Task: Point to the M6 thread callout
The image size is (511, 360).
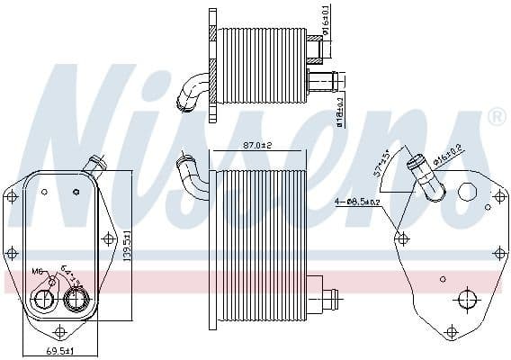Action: pyautogui.click(x=38, y=271)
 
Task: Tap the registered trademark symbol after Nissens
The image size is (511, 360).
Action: pyautogui.click(x=496, y=117)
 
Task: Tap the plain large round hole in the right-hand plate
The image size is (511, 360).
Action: pyautogui.click(x=466, y=192)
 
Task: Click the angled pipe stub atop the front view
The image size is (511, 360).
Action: pyautogui.click(x=93, y=165)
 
